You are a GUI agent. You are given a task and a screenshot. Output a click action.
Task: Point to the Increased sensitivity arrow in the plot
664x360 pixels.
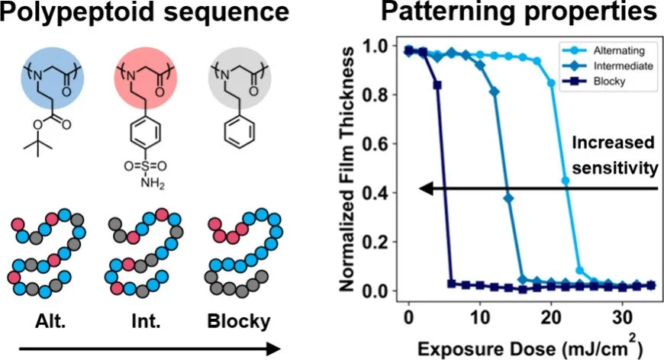pyautogui.click(x=534, y=188)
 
